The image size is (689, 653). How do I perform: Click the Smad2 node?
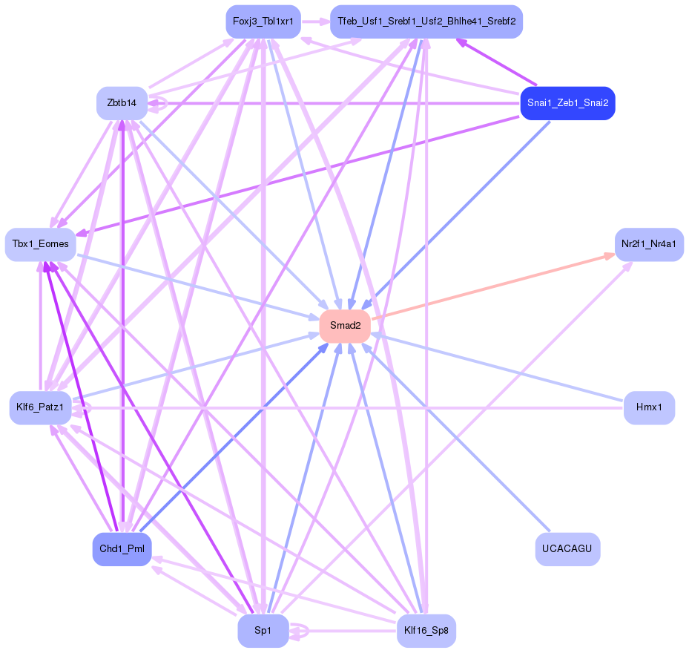[345, 326]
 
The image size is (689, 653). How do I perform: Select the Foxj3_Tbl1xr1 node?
[263, 22]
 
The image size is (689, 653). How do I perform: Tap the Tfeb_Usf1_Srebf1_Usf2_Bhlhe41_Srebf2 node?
[426, 22]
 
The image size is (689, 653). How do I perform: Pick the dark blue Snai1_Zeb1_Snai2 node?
[567, 103]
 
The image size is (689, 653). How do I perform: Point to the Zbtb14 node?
[122, 103]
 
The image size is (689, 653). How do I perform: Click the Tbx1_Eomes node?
[41, 244]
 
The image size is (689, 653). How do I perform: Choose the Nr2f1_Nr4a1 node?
[649, 244]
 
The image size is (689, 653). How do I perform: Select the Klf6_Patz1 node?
[41, 407]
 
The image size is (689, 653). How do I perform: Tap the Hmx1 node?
[649, 407]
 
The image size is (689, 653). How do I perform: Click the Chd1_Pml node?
[122, 549]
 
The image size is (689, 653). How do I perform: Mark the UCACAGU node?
[567, 549]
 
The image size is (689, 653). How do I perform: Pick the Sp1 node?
[263, 631]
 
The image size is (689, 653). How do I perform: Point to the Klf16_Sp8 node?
[426, 631]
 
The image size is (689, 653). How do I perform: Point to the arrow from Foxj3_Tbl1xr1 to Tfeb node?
[314, 22]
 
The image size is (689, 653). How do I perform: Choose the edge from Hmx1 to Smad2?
[497, 369]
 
